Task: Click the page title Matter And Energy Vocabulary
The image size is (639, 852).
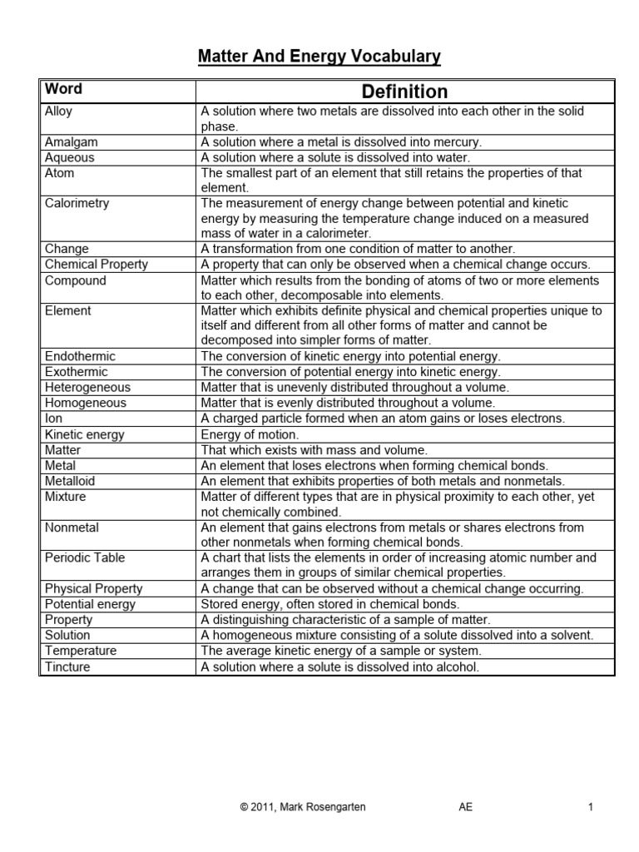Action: [x=319, y=57]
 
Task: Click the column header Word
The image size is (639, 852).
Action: [x=63, y=89]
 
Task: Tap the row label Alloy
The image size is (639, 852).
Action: [x=58, y=111]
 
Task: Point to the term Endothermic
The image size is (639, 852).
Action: [x=80, y=356]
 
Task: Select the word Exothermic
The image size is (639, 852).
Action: [x=76, y=372]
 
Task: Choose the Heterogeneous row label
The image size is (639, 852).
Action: [x=87, y=387]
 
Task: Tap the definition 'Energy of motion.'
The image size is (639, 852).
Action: [x=249, y=433]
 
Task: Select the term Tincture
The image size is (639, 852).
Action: [x=67, y=666]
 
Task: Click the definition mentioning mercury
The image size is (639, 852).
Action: [x=341, y=142]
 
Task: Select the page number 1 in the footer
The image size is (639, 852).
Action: [x=590, y=806]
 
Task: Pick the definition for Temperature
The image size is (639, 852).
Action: [x=349, y=651]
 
